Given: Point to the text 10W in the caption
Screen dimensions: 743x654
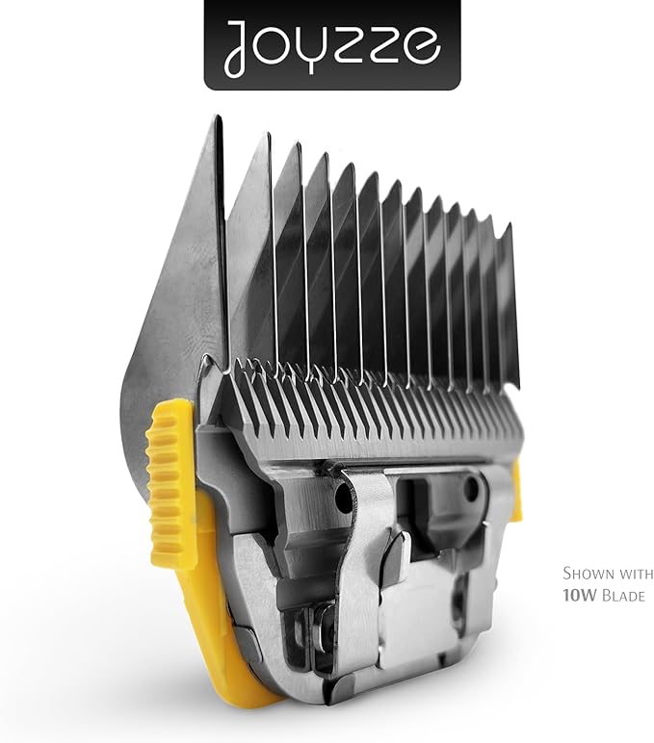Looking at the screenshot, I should click(578, 597).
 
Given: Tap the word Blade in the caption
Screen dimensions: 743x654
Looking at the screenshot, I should click(622, 597).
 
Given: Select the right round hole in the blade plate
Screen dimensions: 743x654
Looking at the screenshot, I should click(470, 491).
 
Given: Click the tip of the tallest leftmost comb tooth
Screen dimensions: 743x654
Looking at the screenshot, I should click(218, 120).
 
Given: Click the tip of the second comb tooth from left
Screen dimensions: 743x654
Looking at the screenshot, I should click(264, 136).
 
